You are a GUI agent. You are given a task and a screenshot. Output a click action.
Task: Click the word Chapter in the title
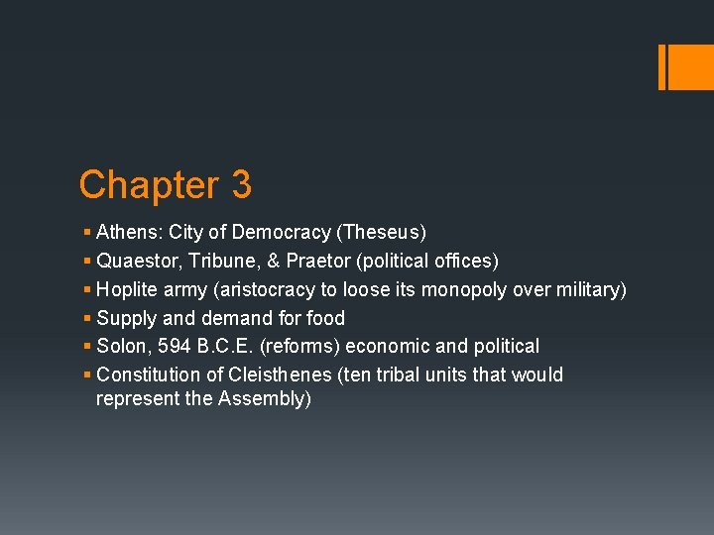click(x=150, y=185)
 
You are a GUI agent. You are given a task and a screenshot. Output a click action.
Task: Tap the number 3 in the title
click(x=241, y=185)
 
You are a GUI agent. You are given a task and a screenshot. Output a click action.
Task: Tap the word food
click(x=326, y=318)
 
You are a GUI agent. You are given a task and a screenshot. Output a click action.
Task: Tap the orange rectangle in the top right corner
click(x=683, y=67)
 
